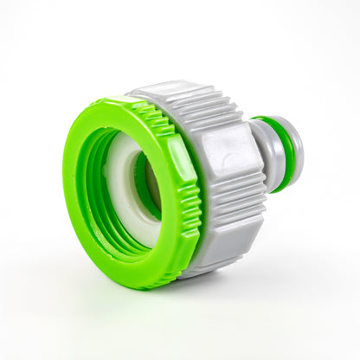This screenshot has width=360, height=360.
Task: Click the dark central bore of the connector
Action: tap(144, 186)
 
